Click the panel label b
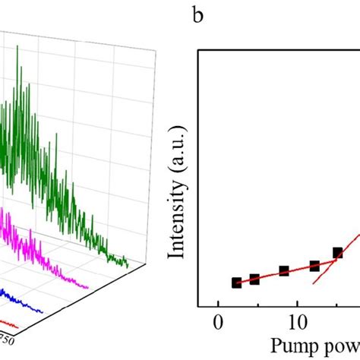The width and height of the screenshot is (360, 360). pyautogui.click(x=198, y=16)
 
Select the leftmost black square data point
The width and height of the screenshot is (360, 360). pyautogui.click(x=236, y=283)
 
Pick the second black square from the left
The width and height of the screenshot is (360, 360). pyautogui.click(x=254, y=279)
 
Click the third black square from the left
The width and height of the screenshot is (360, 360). pyautogui.click(x=284, y=271)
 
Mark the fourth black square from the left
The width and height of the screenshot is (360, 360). pyautogui.click(x=314, y=266)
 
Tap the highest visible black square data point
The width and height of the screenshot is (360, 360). pyautogui.click(x=338, y=253)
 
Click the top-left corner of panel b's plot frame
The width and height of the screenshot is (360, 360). pyautogui.click(x=199, y=51)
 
